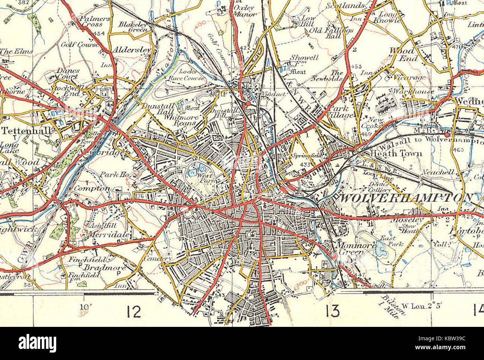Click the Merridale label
pos(109,235)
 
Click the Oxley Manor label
pos(244,11)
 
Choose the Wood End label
pos(401,54)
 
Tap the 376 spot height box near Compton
pos(139,196)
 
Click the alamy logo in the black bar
pos(37,343)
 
